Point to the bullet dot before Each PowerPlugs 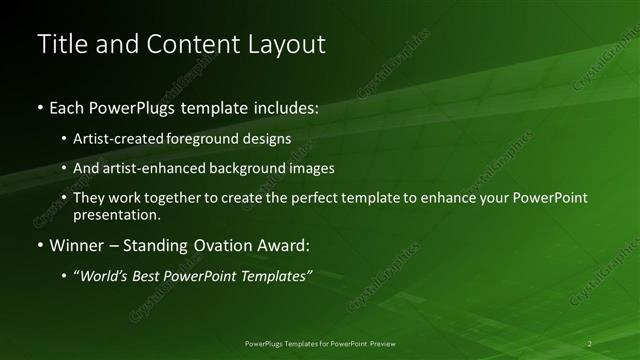(39, 106)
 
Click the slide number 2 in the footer (589, 343)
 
